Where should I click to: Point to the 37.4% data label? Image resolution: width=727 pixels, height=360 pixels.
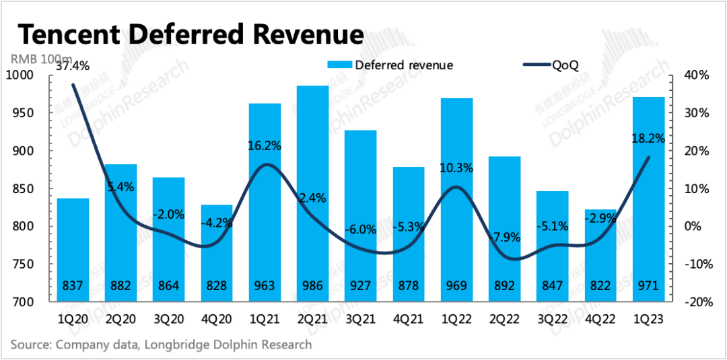[73, 65]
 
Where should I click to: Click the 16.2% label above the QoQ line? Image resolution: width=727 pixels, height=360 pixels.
[264, 145]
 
